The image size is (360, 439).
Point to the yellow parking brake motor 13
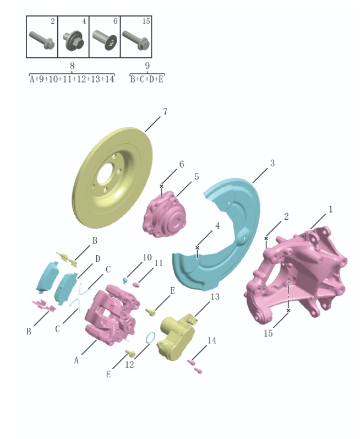(175, 336)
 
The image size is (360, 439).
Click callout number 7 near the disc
(165, 112)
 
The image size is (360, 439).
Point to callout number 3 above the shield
(272, 164)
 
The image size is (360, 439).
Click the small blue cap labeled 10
(126, 280)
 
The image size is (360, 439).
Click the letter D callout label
(97, 258)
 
